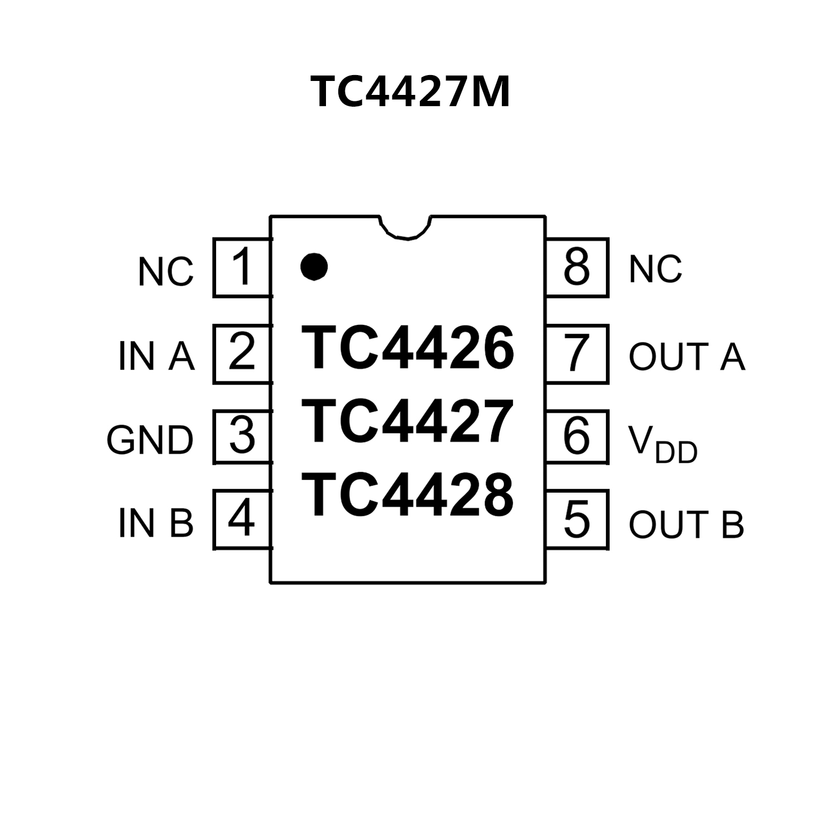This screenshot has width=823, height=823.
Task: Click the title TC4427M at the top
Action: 410,92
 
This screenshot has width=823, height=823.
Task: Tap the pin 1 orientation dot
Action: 314,266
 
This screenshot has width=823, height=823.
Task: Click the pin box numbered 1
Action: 242,268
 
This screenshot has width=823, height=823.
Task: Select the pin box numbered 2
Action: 242,353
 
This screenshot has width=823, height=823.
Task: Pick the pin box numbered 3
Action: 242,436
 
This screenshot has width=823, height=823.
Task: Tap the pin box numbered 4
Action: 242,519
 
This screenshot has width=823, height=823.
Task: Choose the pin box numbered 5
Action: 577,519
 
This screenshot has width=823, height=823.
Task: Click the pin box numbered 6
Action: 577,436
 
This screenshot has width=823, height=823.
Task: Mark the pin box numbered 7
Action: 577,353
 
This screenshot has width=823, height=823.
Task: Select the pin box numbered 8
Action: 577,268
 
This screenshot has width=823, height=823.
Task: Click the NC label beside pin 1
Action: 166,272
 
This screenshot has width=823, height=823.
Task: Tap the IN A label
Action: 156,356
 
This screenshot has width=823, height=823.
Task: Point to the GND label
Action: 150,441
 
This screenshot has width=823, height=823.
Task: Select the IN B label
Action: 155,523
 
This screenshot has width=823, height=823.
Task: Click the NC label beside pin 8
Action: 655,269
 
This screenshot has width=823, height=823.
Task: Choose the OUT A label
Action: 687,356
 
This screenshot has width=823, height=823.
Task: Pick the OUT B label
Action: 686,524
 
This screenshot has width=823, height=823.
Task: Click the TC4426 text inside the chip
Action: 407,349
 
